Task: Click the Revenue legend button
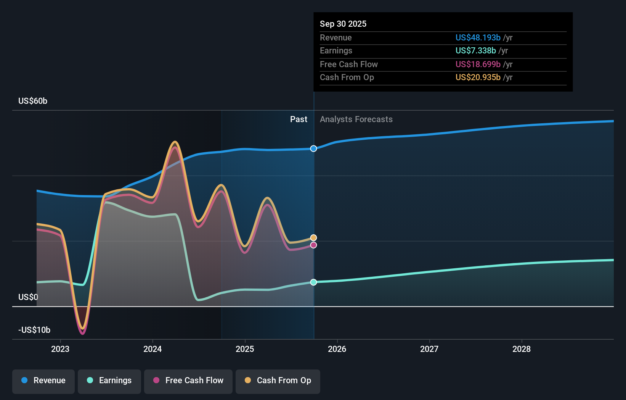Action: tap(43, 381)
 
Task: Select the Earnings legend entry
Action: tap(109, 381)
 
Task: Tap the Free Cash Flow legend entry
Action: tap(188, 381)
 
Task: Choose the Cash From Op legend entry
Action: tap(278, 381)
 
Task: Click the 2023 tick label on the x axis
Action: tap(60, 349)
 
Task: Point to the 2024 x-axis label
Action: tap(152, 349)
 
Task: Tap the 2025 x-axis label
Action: tap(245, 349)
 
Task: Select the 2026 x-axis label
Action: tap(337, 349)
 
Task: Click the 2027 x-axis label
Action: tap(429, 349)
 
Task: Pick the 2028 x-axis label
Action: tap(522, 349)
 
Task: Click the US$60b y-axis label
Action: tap(33, 101)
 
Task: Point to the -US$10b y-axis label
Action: tap(34, 330)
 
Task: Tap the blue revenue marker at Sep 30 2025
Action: tap(313, 148)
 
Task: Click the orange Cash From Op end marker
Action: tap(313, 238)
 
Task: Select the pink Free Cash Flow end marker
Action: tap(313, 245)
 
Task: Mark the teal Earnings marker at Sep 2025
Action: tap(313, 282)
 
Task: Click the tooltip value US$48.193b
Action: tap(478, 38)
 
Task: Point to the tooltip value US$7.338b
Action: tap(475, 51)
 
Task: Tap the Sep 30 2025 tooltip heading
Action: tap(343, 24)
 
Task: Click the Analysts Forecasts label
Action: tap(356, 119)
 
